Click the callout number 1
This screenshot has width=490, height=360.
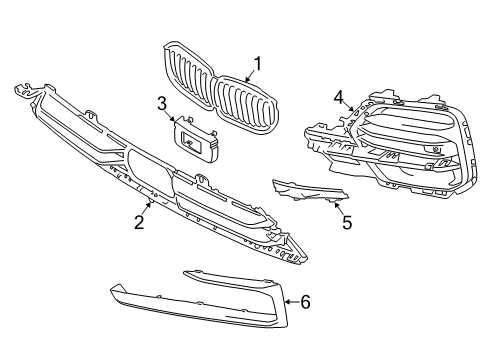pos(256,65)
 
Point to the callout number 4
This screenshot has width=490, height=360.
pos(339,97)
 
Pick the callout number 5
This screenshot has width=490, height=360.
pos(346,222)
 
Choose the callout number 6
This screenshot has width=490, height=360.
pos(305,300)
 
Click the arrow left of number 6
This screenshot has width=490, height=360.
pos(288,300)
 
